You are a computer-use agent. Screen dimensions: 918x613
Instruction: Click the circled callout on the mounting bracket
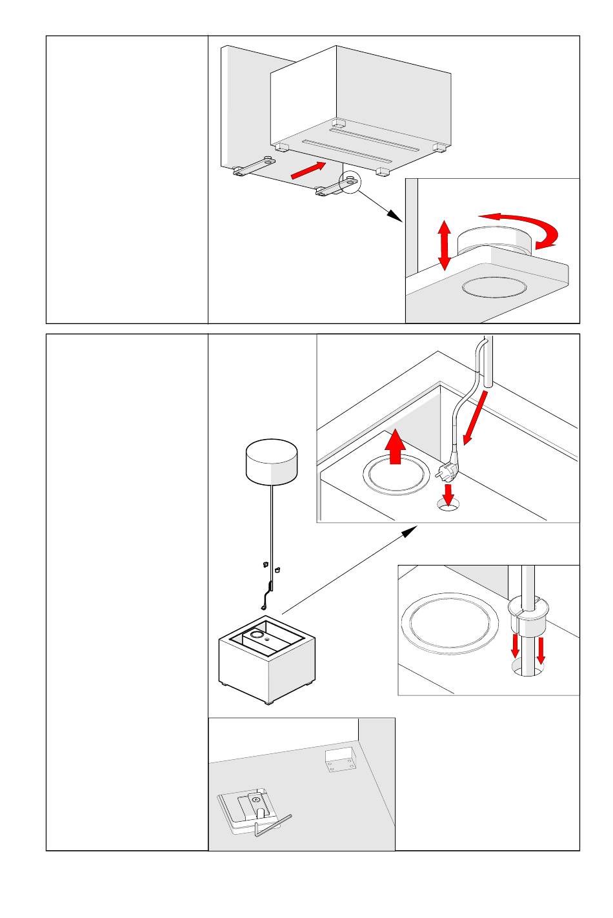click(349, 182)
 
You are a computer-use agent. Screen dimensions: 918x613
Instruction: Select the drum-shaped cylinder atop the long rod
click(272, 462)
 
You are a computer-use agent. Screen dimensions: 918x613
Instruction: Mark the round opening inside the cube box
click(257, 635)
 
